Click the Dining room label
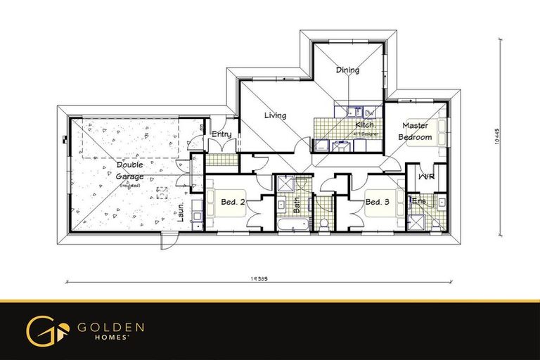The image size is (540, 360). pos(347,70)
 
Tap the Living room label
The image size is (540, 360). pos(275,115)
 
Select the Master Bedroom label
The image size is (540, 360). pos(415,131)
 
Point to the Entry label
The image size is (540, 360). pos(221,134)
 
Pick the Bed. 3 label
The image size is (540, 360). pos(377,202)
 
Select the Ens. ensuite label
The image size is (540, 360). pos(418,202)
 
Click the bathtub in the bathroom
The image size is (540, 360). pos(292,225)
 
